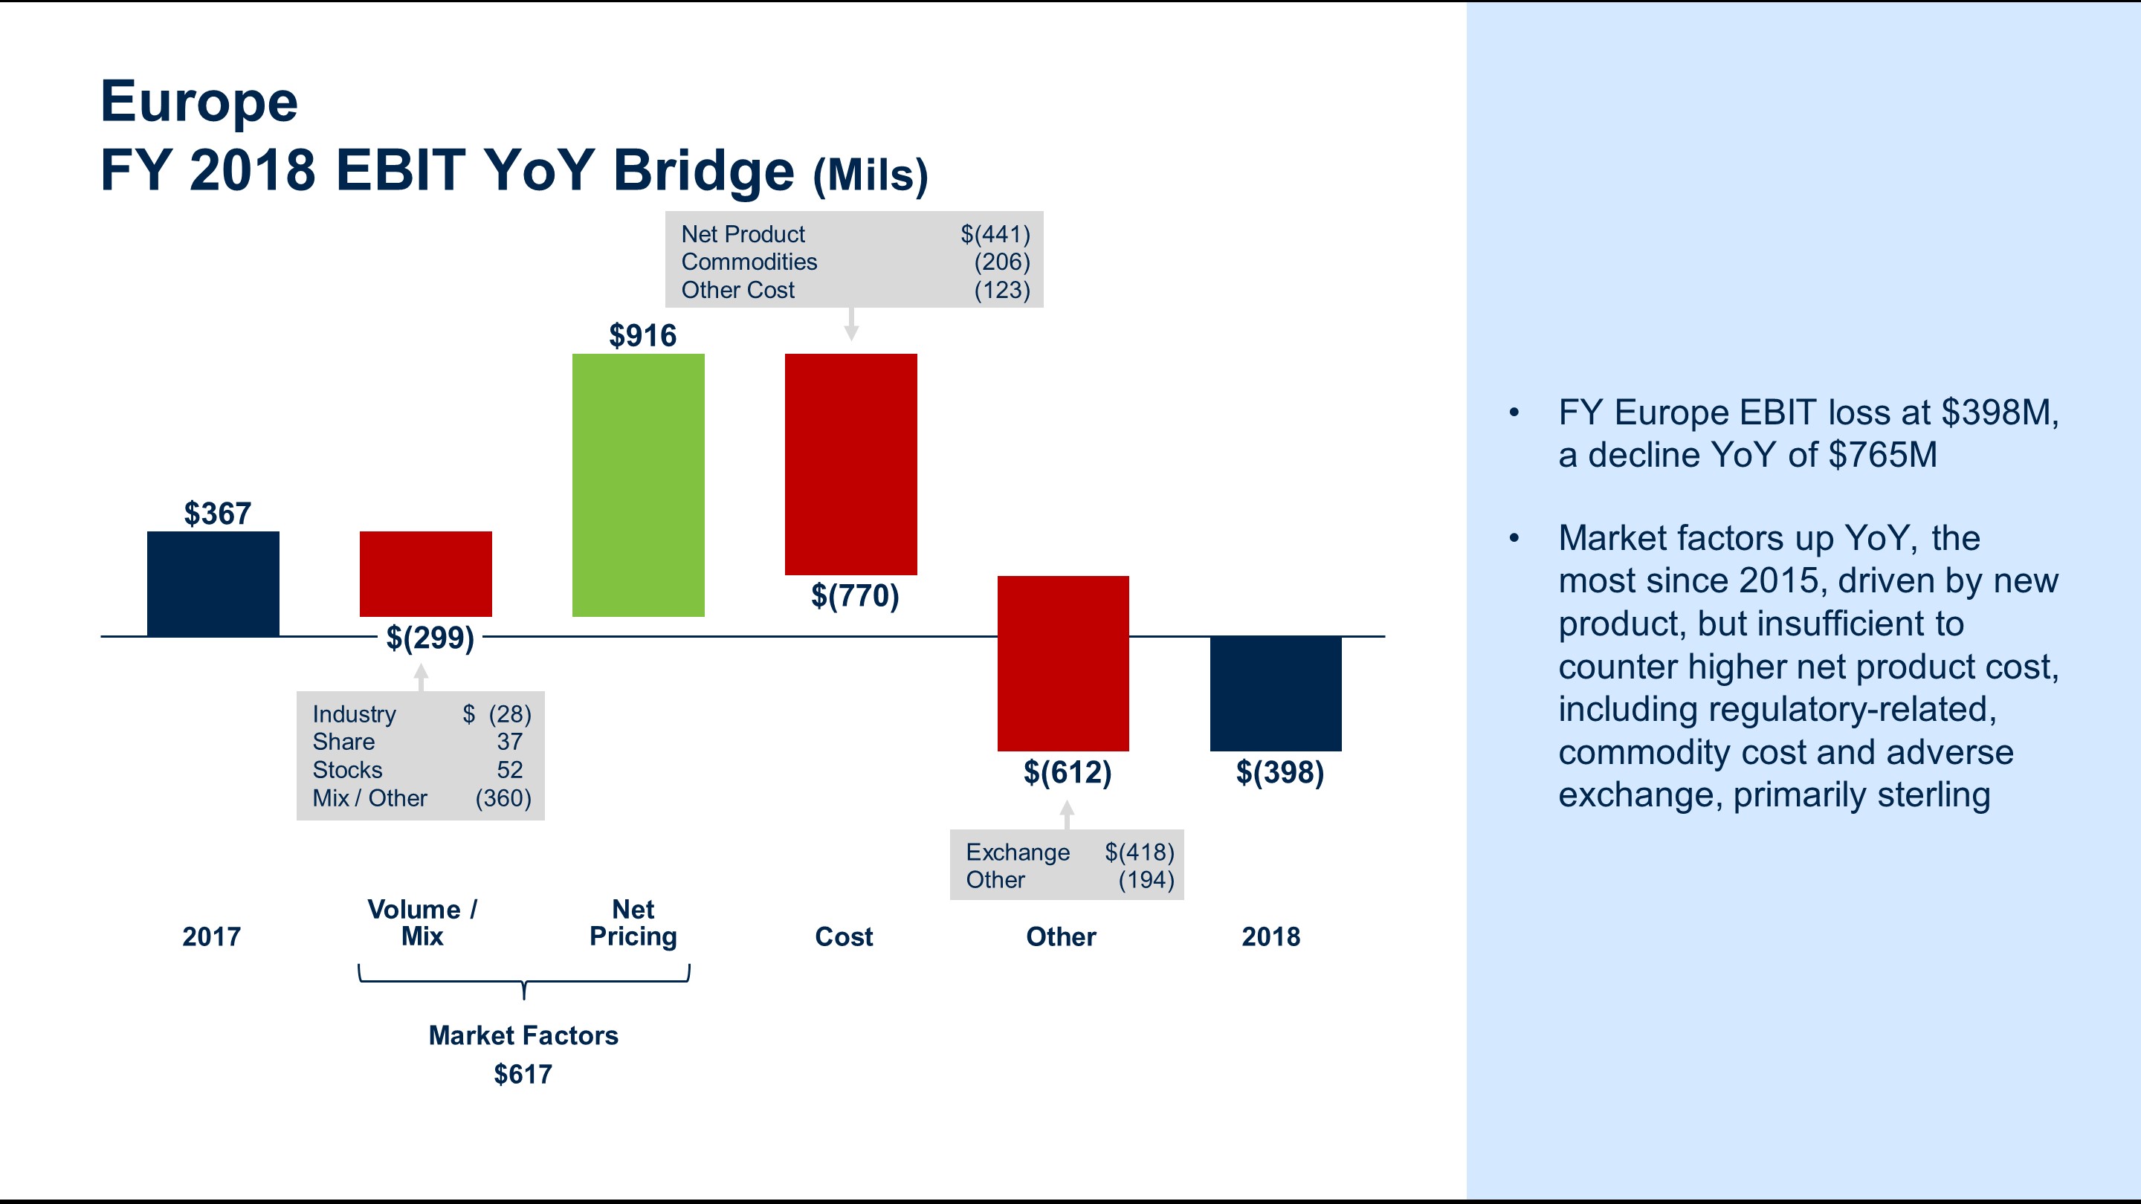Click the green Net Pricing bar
coord(638,485)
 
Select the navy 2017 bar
coord(213,583)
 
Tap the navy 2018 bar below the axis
coord(1275,693)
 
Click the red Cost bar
coord(850,464)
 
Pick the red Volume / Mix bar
coord(425,573)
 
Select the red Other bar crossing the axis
coord(1062,662)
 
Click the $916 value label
coord(642,336)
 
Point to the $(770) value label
coord(854,596)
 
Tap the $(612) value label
coord(1068,773)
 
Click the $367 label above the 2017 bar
coord(217,514)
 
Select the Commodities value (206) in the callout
coord(1001,262)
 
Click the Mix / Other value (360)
coord(503,797)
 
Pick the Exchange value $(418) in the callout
coord(1139,852)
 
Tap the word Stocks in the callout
coord(347,769)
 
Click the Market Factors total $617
coord(523,1075)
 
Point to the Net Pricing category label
coord(633,922)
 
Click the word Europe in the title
coord(198,101)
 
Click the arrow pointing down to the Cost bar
coord(850,325)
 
